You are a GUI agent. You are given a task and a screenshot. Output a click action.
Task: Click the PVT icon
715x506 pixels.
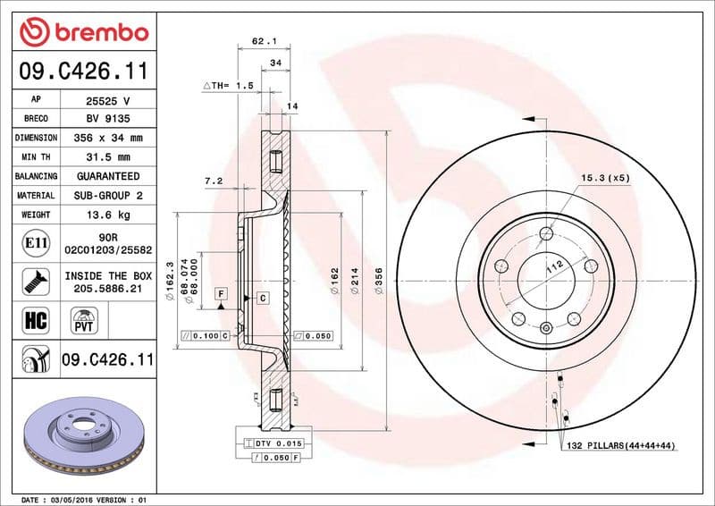pyautogui.click(x=85, y=319)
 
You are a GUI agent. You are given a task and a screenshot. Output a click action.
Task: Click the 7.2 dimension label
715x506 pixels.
pyautogui.click(x=213, y=181)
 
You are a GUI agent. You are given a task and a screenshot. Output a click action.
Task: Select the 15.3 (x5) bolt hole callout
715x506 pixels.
pyautogui.click(x=605, y=178)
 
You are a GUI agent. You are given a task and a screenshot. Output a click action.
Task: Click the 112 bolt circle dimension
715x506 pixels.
pyautogui.click(x=554, y=266)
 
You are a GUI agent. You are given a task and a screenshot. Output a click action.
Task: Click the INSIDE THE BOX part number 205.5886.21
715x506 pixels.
pyautogui.click(x=108, y=288)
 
